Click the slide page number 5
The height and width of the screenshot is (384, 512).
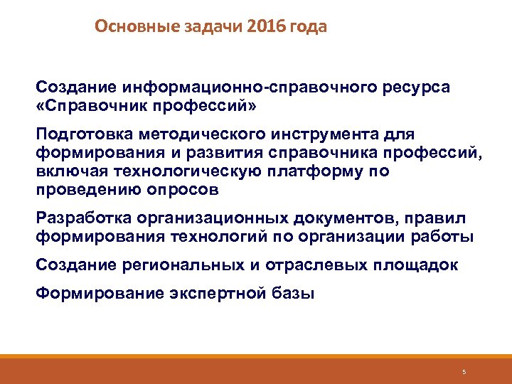[x=464, y=372]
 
